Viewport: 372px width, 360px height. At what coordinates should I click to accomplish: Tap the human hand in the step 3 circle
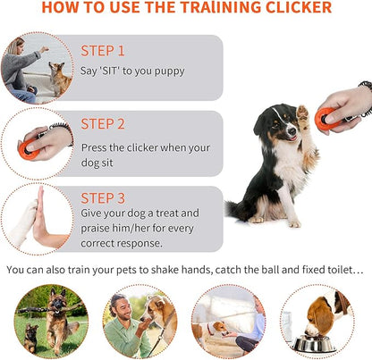(45, 219)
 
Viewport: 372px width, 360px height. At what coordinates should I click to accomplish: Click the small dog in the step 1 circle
(60, 80)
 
